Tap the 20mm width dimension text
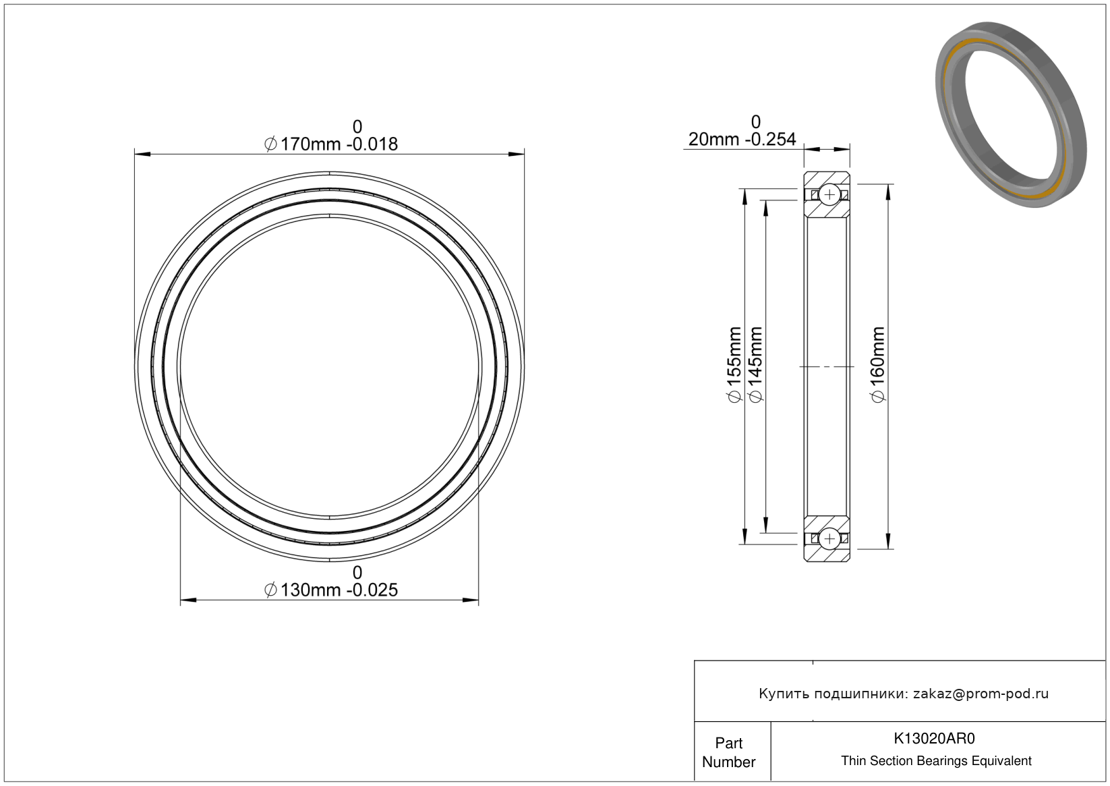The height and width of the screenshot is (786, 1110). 710,140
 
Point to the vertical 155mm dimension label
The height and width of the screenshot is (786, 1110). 734,365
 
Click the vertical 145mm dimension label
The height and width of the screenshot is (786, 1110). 756,365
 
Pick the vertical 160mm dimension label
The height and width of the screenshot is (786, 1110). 877,365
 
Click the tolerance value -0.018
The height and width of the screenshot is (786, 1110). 372,144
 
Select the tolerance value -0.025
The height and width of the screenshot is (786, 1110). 372,590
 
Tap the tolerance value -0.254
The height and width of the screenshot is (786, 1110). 770,140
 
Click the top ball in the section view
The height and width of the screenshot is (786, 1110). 829,194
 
